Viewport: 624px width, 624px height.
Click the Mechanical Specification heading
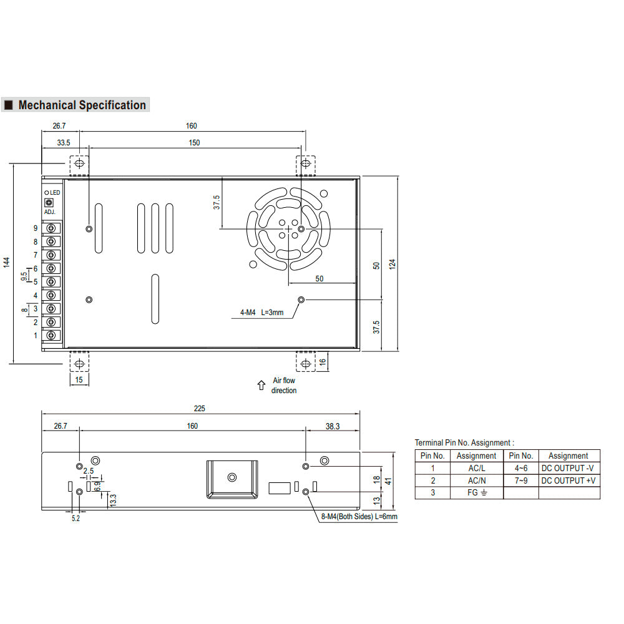coord(82,105)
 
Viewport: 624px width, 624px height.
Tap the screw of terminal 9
coord(51,228)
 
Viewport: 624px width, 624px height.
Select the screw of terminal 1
coord(51,336)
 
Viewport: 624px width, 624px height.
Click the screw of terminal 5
coord(51,282)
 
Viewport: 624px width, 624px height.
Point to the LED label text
coord(55,193)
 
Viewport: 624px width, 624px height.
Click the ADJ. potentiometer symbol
coord(49,203)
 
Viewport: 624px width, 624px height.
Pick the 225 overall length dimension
coord(200,408)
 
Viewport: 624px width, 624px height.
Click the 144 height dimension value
coord(6,262)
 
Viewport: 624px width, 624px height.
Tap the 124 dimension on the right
coord(392,264)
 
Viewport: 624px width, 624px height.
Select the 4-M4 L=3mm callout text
coord(262,313)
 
